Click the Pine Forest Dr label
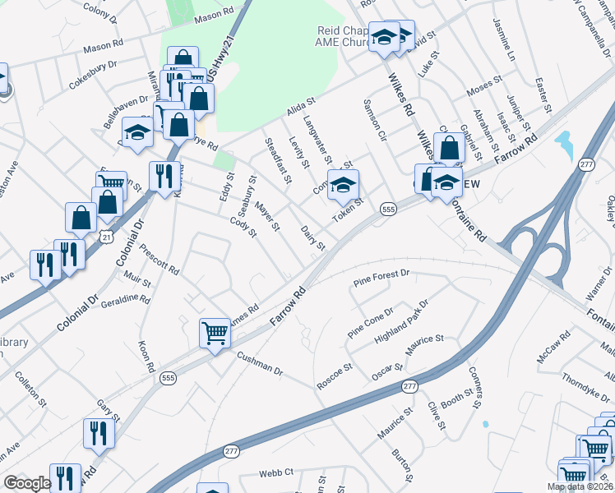[x=381, y=279]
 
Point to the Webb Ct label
[x=276, y=472]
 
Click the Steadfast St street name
[x=278, y=159]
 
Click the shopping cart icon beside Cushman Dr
[x=215, y=334]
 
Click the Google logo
[x=27, y=483]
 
